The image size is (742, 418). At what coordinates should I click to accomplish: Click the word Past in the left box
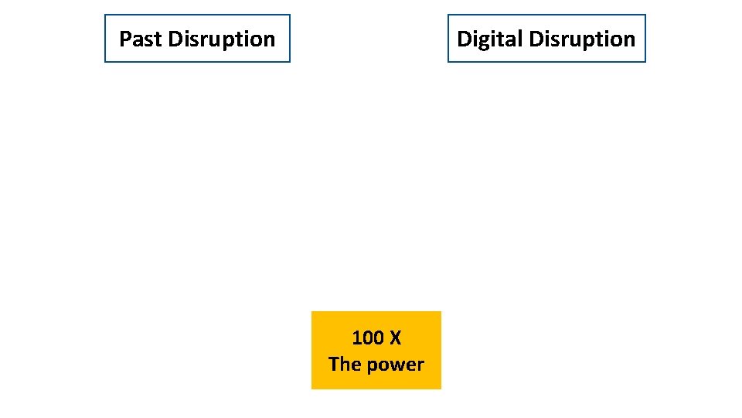(x=140, y=39)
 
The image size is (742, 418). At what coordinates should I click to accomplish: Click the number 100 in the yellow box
(x=367, y=338)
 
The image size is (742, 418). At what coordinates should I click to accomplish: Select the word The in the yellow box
(x=343, y=364)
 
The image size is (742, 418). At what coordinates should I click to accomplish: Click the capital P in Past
(x=124, y=39)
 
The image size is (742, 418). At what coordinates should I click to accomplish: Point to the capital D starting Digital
(x=463, y=39)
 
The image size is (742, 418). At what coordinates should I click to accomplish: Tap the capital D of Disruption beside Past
(x=174, y=39)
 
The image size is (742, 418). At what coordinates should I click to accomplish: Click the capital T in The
(x=334, y=364)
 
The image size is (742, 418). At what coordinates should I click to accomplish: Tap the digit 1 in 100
(x=357, y=338)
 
